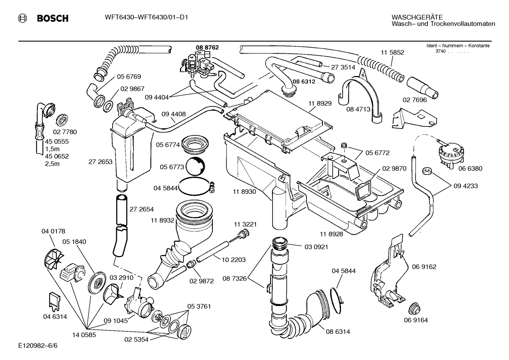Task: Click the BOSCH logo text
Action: point(53,18)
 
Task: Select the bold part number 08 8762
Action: point(207,47)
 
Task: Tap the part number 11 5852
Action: point(392,53)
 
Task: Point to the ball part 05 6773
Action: point(195,166)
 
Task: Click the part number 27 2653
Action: point(100,162)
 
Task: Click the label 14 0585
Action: point(84,335)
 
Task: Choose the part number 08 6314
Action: point(338,332)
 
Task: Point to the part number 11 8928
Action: point(331,234)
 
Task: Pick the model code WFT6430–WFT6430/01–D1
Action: point(146,17)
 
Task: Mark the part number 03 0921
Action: point(316,247)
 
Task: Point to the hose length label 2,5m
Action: point(52,164)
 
